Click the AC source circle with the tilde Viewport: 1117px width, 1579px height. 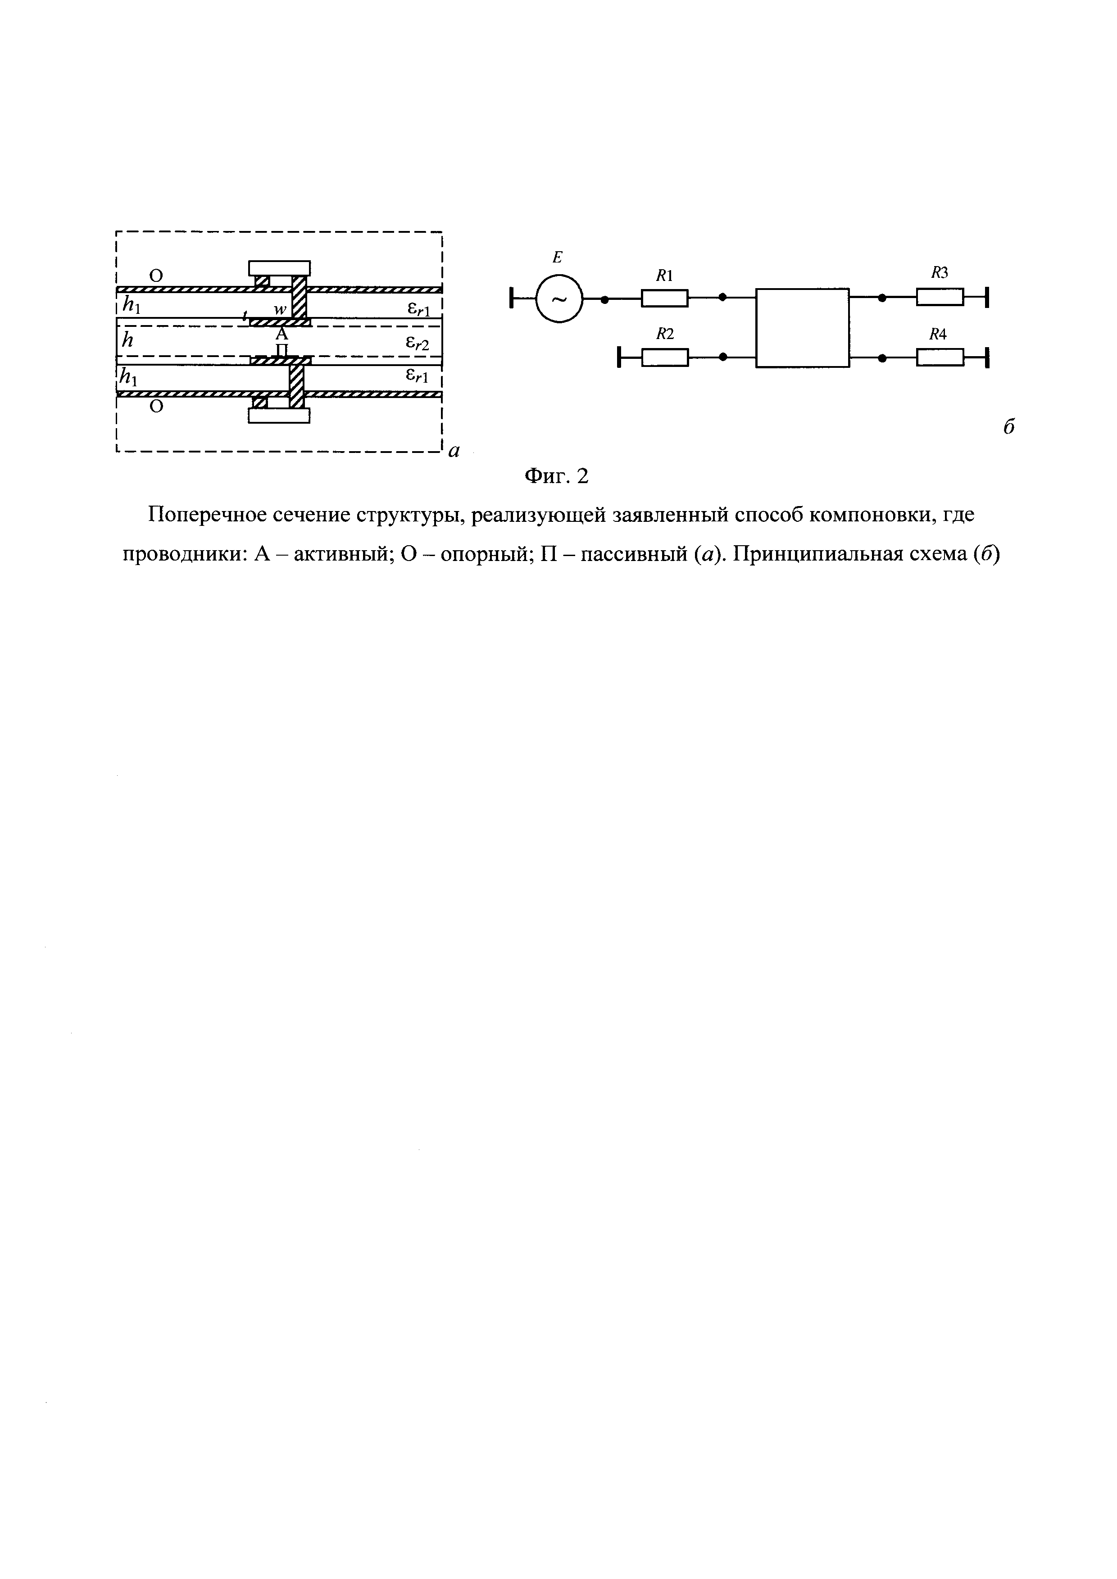tap(559, 299)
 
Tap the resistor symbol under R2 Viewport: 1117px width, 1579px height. tap(664, 357)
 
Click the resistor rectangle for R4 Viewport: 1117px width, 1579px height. tap(940, 357)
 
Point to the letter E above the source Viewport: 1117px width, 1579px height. tap(558, 258)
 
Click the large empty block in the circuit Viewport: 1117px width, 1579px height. tap(802, 328)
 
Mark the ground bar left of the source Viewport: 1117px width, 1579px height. tap(513, 299)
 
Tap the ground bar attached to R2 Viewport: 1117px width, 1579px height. tap(620, 357)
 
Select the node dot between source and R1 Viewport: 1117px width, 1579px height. tap(604, 299)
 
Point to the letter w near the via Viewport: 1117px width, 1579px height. tap(280, 310)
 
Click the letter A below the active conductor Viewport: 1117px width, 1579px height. tap(282, 335)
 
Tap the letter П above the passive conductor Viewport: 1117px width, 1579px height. tap(282, 350)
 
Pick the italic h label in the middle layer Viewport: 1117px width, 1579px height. tap(127, 339)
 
